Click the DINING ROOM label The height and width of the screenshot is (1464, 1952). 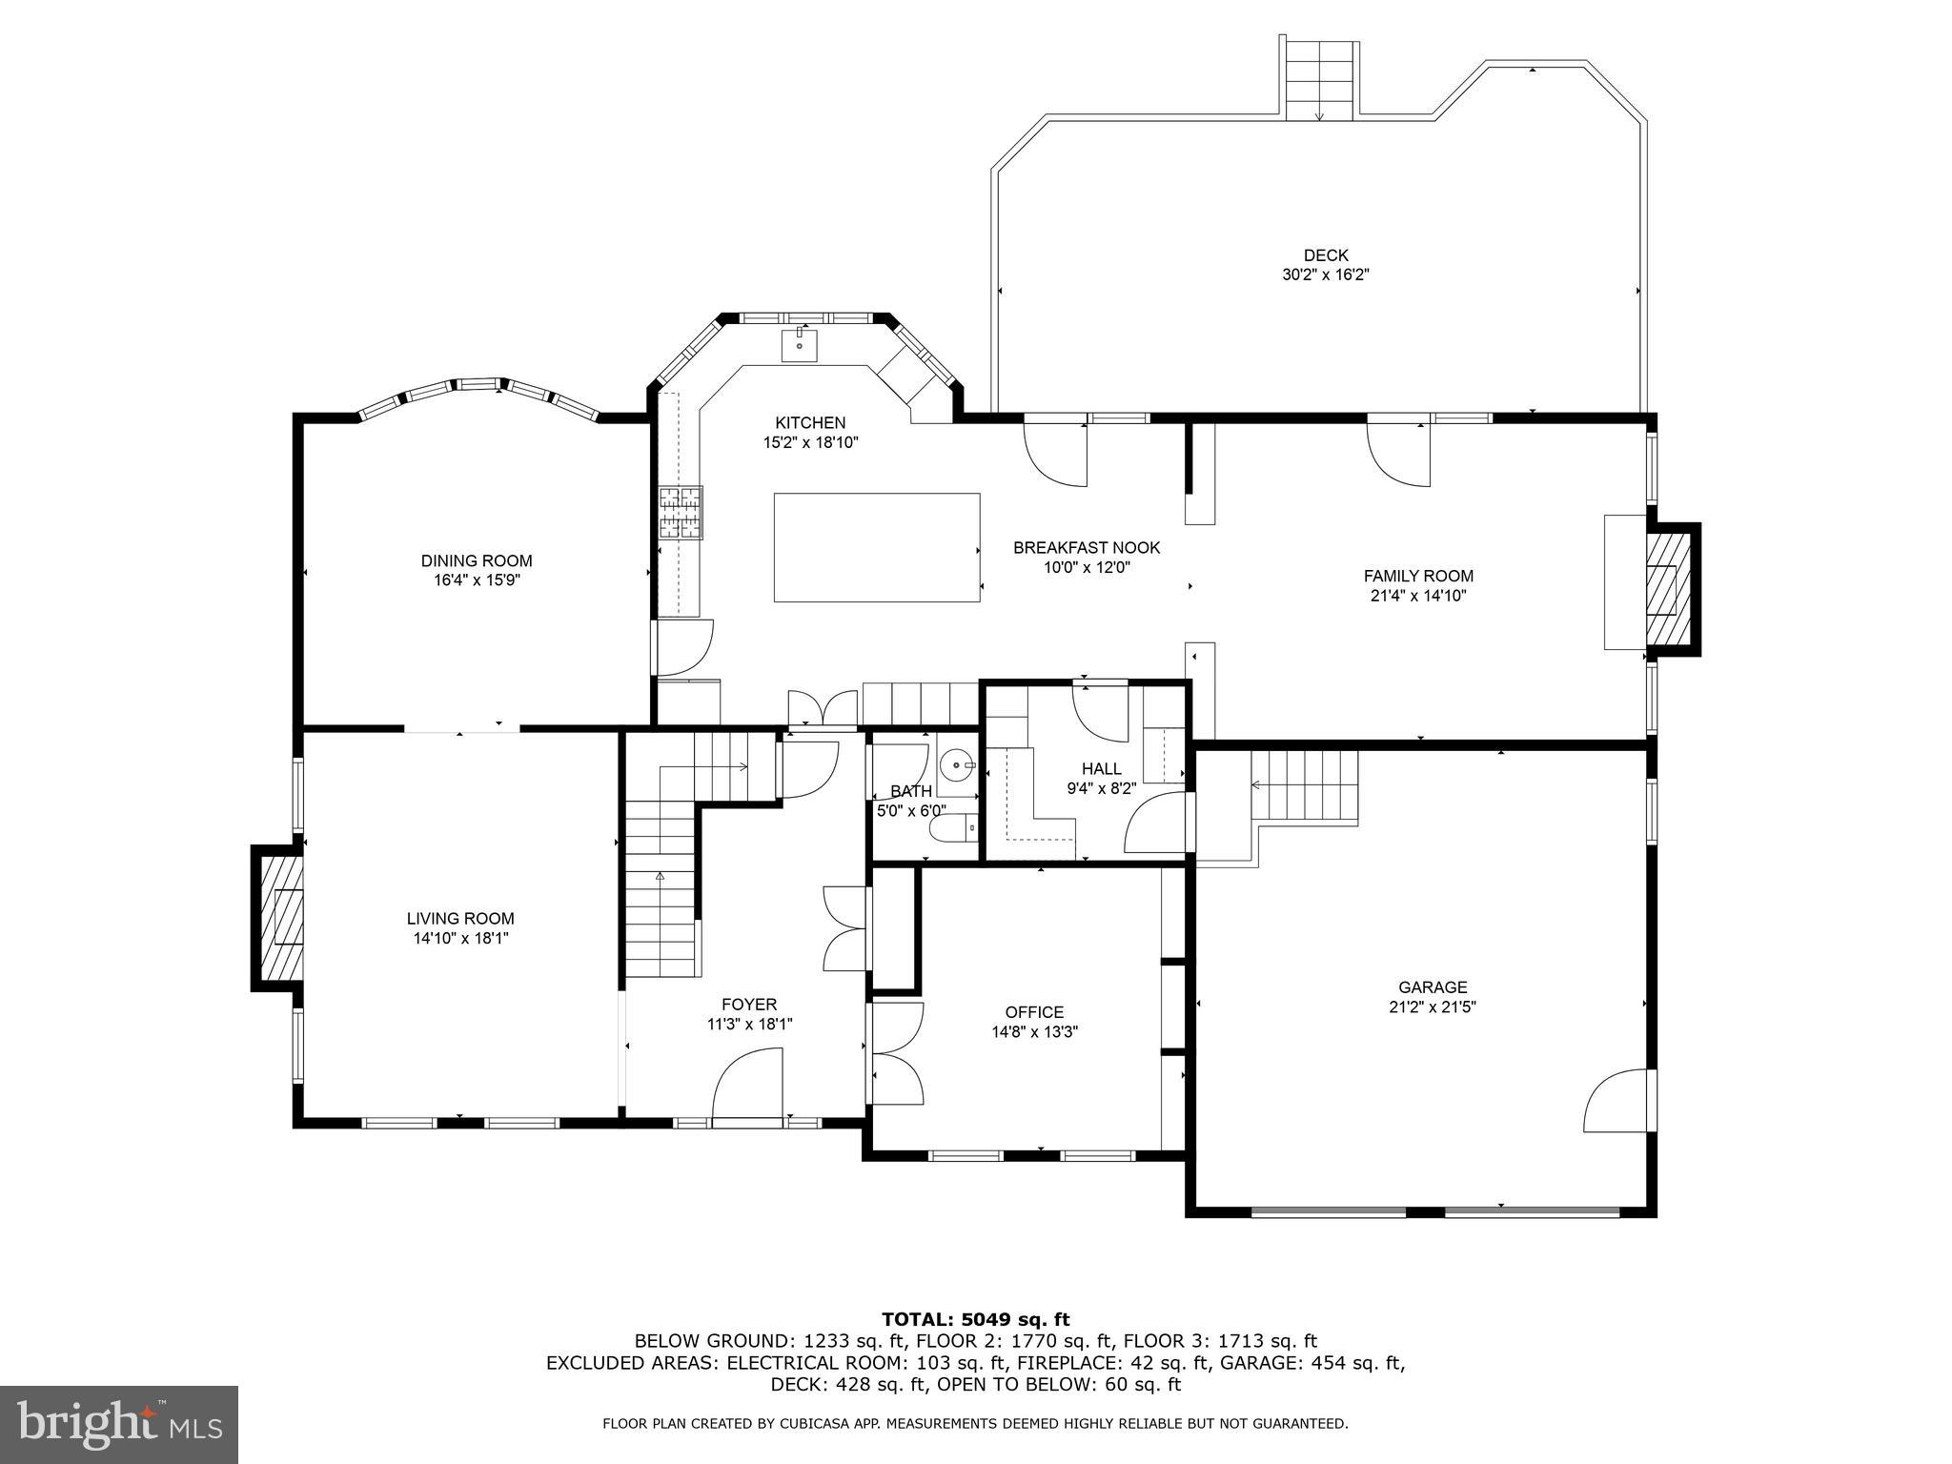(x=477, y=560)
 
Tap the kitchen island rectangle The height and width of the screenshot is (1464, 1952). (x=877, y=547)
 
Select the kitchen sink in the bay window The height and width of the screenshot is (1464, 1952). (x=799, y=345)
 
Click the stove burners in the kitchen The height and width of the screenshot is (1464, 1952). (x=680, y=513)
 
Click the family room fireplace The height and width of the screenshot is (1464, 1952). (x=1667, y=589)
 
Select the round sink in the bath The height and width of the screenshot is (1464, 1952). (x=956, y=764)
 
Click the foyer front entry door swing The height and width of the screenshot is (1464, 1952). (x=748, y=1084)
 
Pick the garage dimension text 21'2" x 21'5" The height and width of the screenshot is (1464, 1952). (x=1433, y=1006)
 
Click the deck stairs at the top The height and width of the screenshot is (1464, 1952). (x=1319, y=81)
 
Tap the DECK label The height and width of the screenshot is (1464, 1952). (x=1326, y=255)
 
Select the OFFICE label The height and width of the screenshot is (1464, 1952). (x=1034, y=1012)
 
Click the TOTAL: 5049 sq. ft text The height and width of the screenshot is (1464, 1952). (x=975, y=1319)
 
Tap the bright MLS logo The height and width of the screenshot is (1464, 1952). (x=119, y=1425)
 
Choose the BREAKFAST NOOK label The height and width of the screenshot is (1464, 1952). (x=1087, y=548)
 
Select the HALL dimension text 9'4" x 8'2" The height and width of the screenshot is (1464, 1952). (x=1101, y=788)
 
